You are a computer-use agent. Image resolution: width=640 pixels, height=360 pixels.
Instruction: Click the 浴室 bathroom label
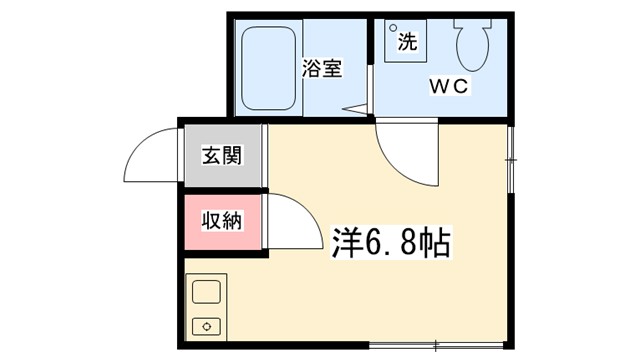click(x=321, y=69)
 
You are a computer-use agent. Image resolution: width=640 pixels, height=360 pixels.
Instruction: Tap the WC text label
click(x=449, y=86)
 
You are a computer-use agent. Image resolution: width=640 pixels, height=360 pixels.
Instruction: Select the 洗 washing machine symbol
click(x=406, y=41)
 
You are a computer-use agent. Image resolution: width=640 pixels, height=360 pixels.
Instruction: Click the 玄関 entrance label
click(x=221, y=156)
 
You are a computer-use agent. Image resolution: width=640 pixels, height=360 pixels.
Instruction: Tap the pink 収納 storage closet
click(x=222, y=220)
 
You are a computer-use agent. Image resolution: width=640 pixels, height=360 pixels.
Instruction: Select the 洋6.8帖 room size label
click(x=390, y=243)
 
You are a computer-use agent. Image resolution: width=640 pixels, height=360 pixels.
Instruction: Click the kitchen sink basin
click(x=207, y=293)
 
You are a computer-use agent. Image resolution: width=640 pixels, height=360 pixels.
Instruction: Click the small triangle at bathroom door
click(x=352, y=107)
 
